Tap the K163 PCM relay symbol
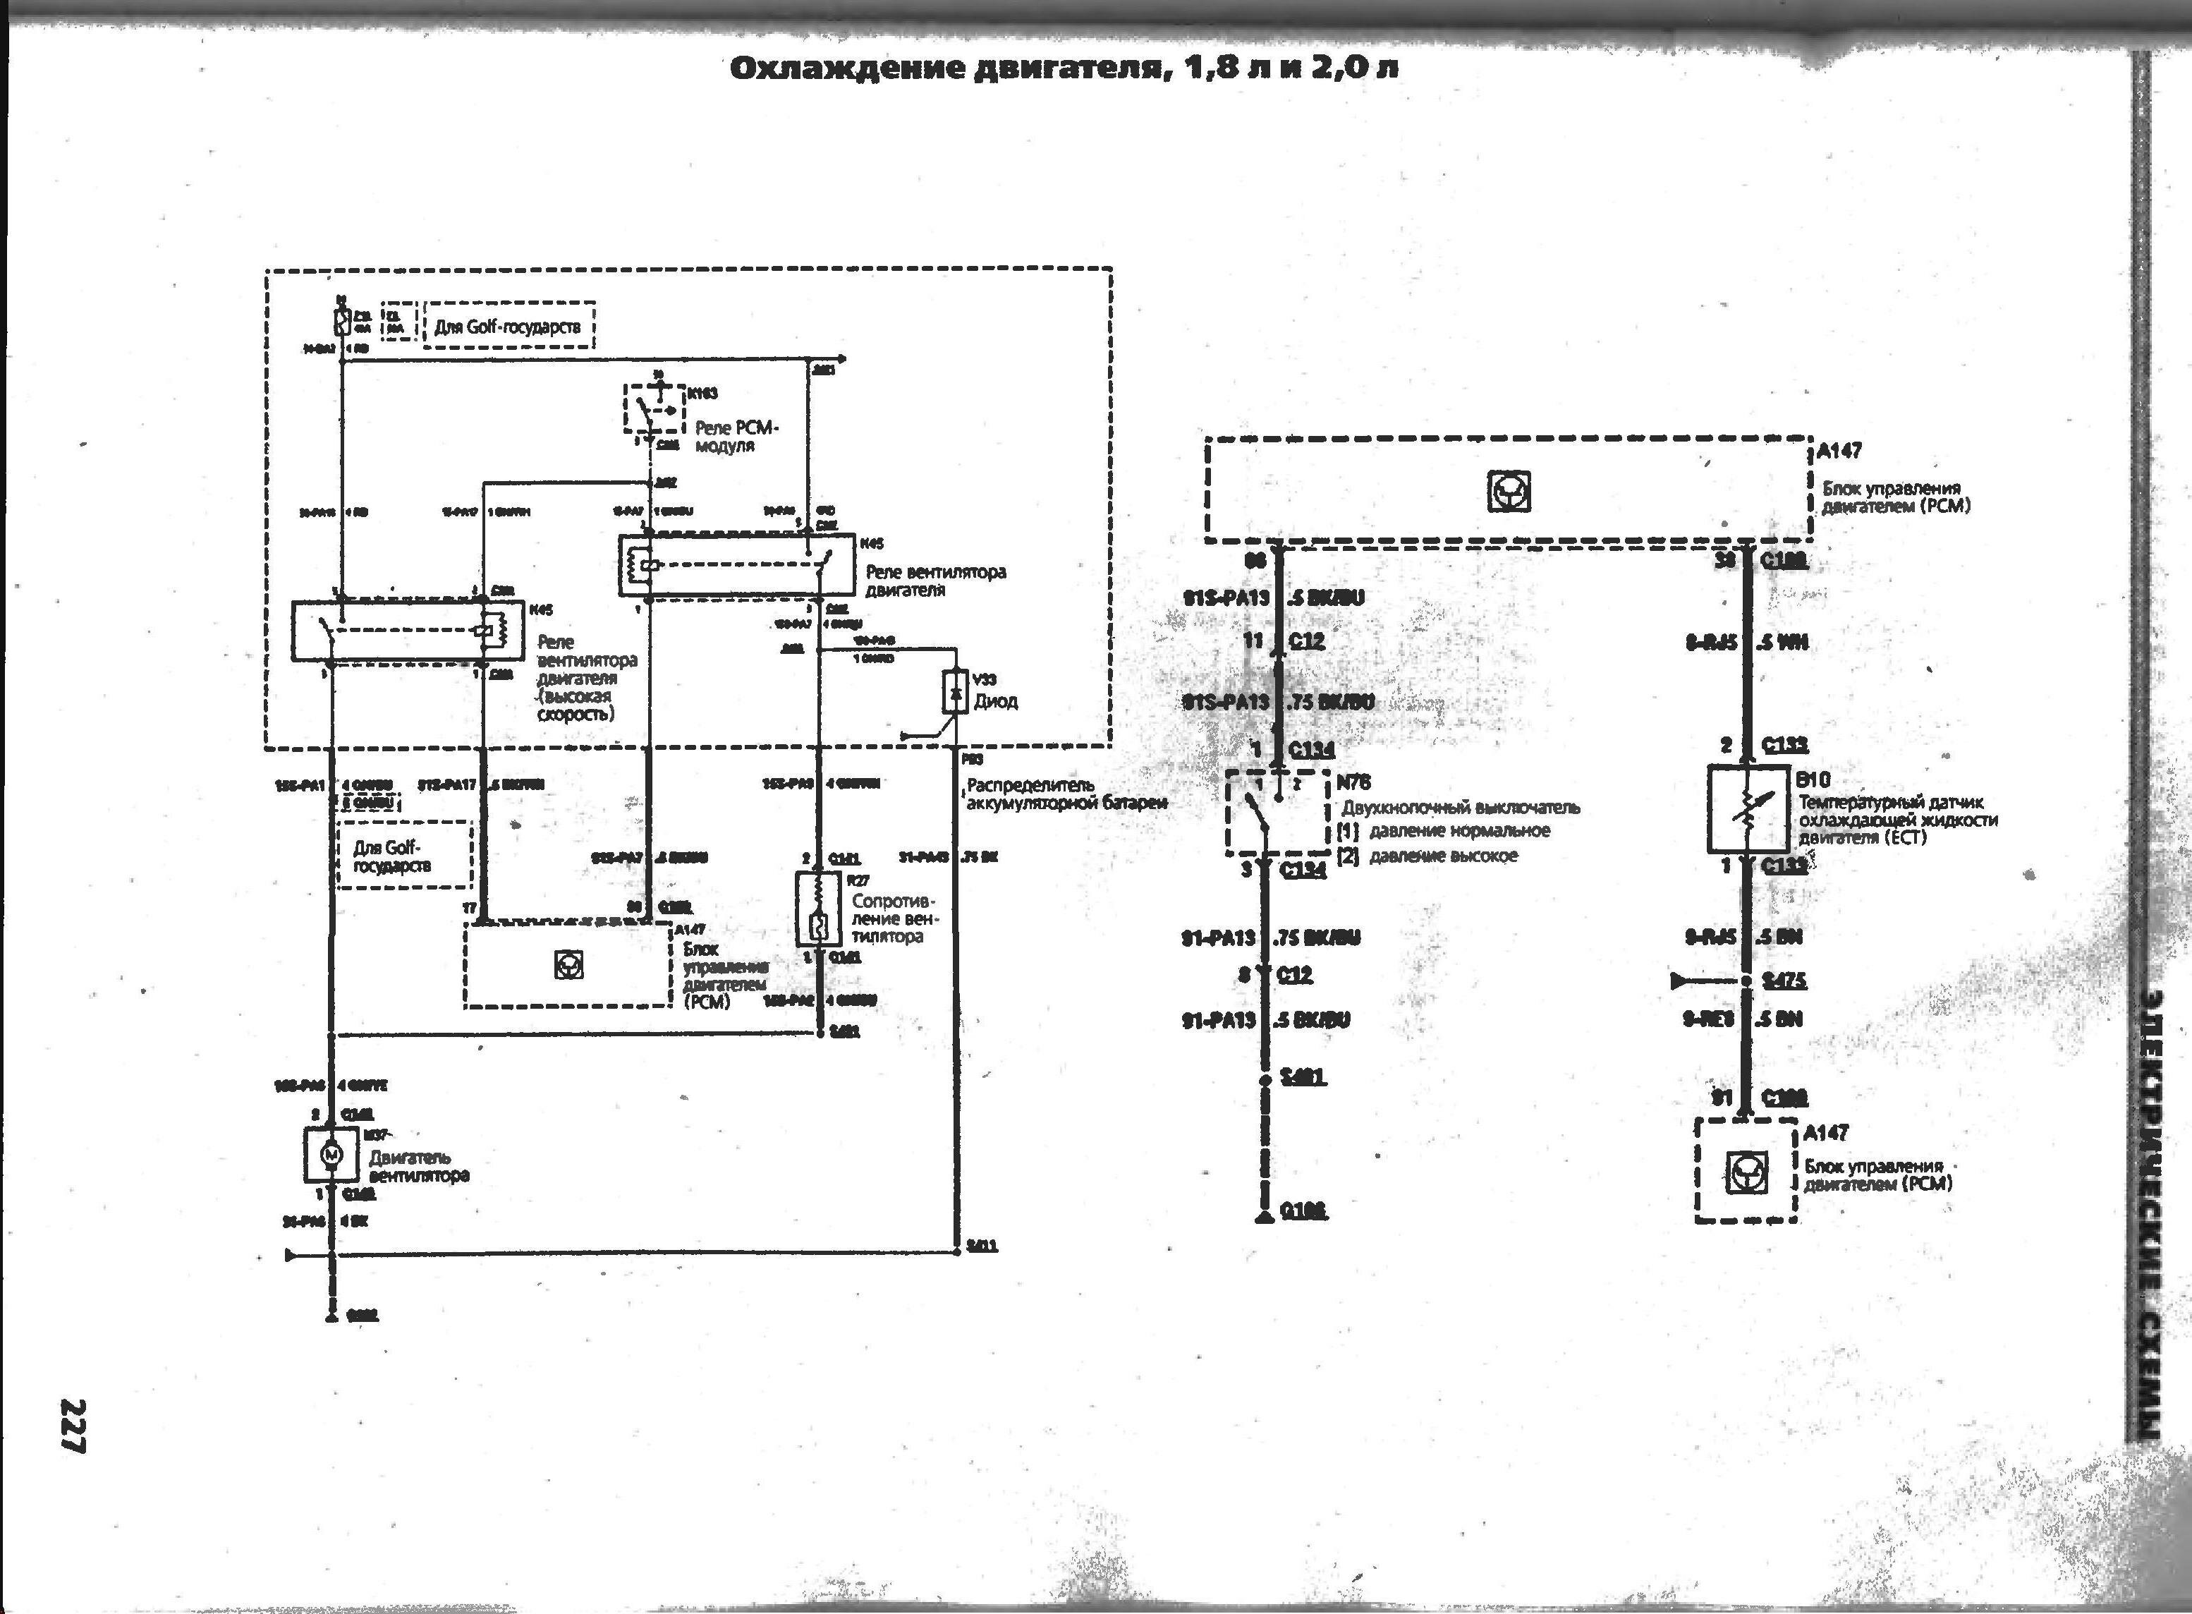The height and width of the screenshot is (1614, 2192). click(652, 408)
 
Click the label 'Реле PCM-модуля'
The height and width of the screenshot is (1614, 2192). click(738, 437)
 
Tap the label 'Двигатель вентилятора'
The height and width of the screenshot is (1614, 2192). click(418, 1165)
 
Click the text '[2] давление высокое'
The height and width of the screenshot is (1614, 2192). click(1428, 856)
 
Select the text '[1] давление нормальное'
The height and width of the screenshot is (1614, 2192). click(1444, 830)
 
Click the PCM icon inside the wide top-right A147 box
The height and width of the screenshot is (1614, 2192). click(1508, 492)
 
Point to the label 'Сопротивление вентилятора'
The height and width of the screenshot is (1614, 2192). click(892, 918)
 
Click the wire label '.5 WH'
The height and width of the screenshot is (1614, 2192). click(1783, 642)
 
